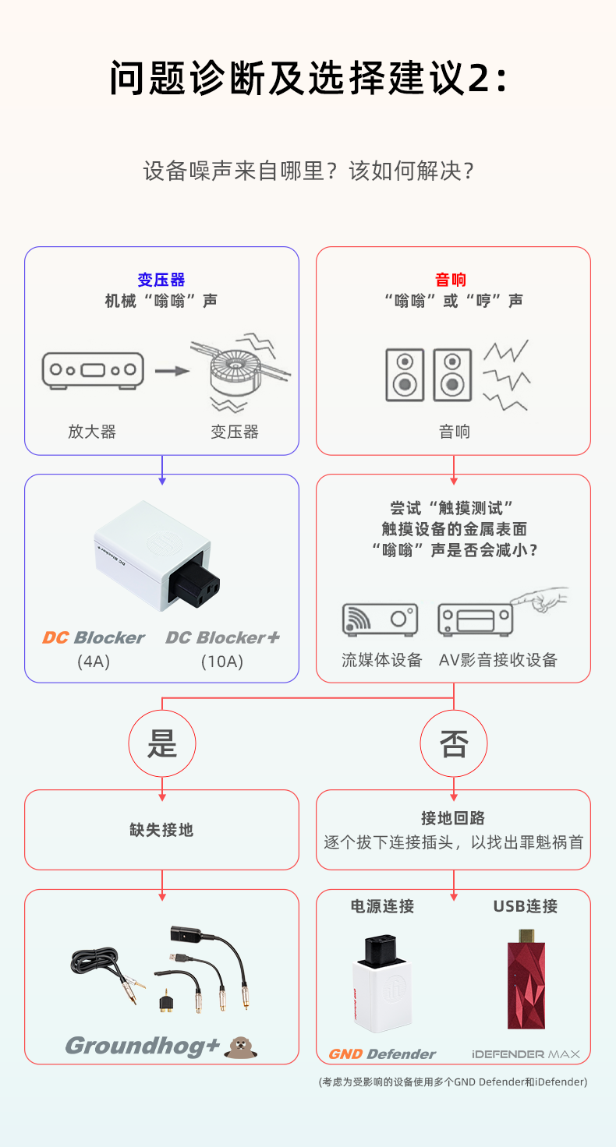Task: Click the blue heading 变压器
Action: pos(161,280)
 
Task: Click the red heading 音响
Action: pos(453,280)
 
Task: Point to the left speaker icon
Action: pos(405,375)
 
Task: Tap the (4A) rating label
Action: pos(93,662)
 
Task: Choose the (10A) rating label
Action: pos(222,662)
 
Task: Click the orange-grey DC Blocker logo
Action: pos(94,638)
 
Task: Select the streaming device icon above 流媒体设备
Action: pos(380,619)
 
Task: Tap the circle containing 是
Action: pos(161,743)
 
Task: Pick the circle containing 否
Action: pos(453,743)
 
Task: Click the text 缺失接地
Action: pos(161,830)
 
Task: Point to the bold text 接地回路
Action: pos(453,817)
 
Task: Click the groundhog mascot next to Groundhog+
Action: pos(240,1047)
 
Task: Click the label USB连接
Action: pos(525,906)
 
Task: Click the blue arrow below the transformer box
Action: pos(161,465)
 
